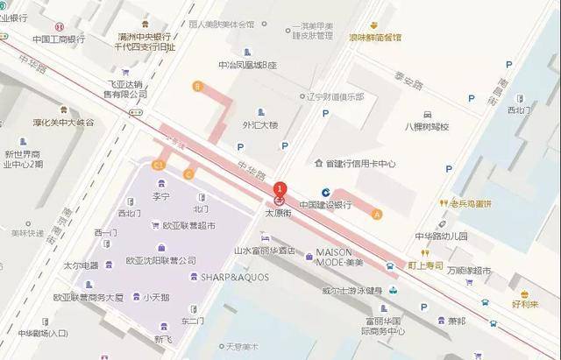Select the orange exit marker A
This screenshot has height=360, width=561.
click(x=378, y=214)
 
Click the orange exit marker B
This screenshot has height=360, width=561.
click(x=198, y=86)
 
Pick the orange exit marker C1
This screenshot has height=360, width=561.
click(x=159, y=164)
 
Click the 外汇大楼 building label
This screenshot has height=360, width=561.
click(x=259, y=125)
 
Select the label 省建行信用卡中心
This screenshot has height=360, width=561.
click(x=360, y=164)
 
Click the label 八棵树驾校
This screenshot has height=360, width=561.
click(x=426, y=127)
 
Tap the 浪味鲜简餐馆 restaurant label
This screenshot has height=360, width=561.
click(x=374, y=38)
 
